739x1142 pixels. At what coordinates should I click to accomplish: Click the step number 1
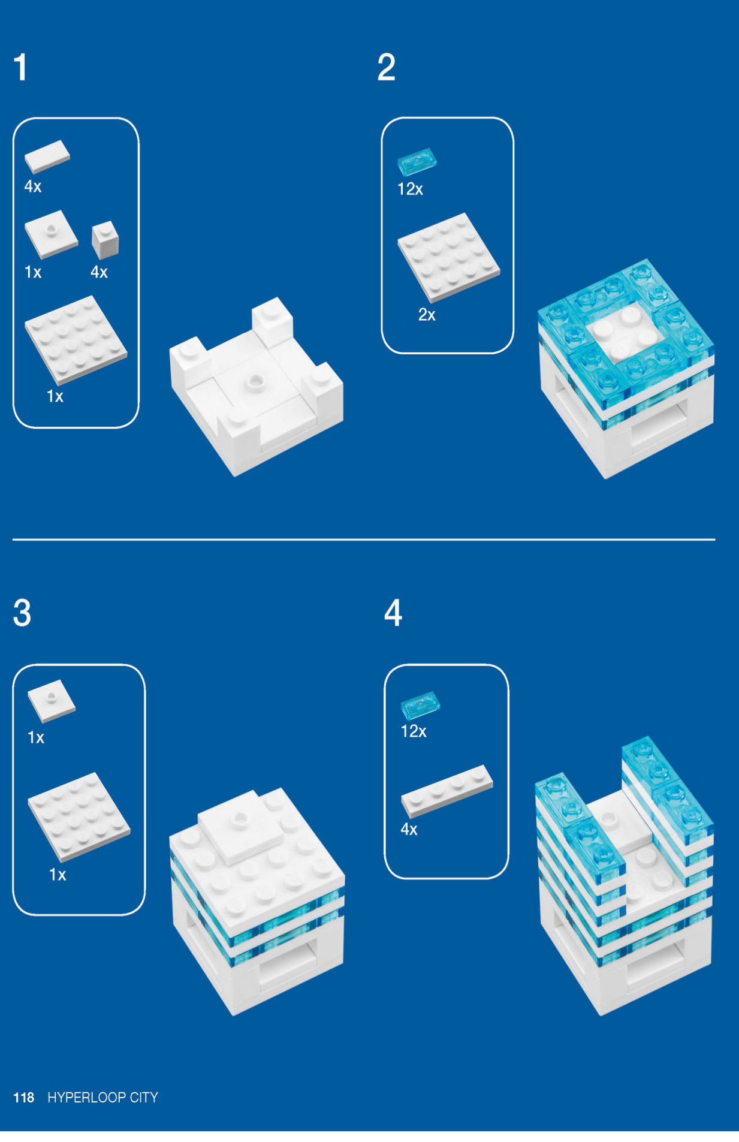21,67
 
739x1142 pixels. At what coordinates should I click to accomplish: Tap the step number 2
386,67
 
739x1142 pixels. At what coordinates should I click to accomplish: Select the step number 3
22,613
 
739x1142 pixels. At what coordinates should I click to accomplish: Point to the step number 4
393,613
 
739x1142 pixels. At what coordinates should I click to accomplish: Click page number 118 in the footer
24,1097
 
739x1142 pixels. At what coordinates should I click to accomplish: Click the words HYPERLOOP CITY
102,1097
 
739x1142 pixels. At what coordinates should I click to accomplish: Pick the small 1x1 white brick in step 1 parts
105,239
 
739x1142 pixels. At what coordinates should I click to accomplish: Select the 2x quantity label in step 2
427,315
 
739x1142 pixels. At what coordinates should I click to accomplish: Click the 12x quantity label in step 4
414,731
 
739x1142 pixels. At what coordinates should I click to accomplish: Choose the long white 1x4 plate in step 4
447,791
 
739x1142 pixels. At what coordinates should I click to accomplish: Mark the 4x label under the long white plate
409,829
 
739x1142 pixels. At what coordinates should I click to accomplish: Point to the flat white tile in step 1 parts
47,157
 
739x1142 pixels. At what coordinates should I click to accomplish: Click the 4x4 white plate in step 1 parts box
76,339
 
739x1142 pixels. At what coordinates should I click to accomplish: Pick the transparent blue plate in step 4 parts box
420,706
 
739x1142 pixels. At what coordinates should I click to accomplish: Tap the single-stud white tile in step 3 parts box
51,700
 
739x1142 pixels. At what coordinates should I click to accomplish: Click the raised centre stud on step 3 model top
241,816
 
